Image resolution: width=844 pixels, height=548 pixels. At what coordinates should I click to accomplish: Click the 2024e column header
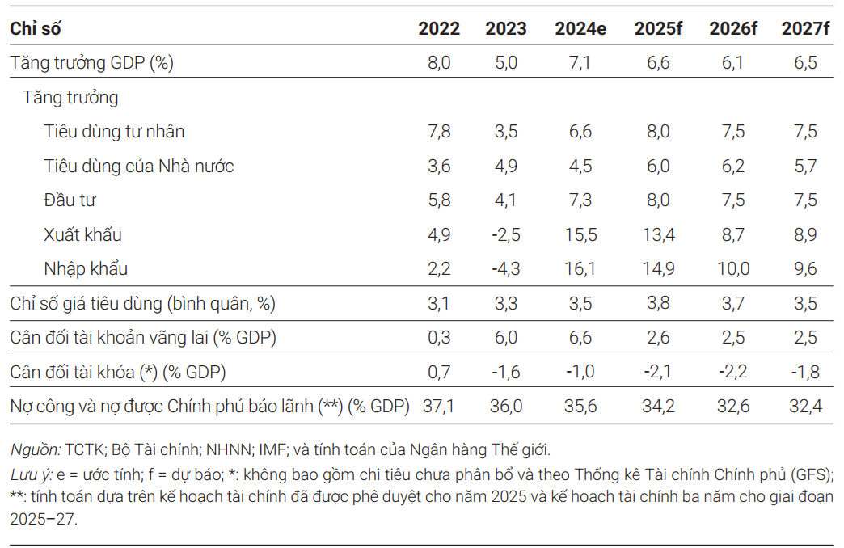(580, 28)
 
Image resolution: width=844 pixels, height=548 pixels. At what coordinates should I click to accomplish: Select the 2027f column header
(806, 28)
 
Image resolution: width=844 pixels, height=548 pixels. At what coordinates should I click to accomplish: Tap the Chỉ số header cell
(36, 28)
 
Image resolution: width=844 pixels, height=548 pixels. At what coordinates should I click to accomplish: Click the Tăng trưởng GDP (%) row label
(91, 63)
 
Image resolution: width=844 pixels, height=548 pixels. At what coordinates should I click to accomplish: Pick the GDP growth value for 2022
(439, 63)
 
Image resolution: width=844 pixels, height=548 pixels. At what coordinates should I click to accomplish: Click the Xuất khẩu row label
(82, 235)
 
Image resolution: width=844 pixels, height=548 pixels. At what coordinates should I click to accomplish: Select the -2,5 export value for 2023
(505, 235)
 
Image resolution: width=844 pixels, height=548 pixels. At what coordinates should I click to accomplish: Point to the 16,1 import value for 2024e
(580, 269)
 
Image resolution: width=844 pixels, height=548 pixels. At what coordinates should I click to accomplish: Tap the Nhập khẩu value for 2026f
(733, 269)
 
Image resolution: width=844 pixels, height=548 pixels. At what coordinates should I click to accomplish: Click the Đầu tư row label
(70, 200)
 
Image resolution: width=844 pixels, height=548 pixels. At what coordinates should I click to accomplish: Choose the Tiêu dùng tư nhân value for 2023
(506, 132)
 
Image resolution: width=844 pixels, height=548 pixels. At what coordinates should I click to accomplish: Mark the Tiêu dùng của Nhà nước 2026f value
(733, 167)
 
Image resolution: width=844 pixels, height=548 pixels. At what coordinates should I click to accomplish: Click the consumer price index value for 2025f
(658, 304)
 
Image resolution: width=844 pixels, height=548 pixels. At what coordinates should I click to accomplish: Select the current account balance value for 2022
(439, 338)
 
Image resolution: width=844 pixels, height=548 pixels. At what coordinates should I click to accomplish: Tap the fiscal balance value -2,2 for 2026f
(733, 373)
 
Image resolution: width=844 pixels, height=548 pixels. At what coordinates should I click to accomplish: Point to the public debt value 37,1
(439, 407)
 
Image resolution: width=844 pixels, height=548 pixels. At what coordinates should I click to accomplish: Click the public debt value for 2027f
(806, 407)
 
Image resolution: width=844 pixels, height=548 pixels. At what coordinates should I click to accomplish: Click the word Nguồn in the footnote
(34, 449)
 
